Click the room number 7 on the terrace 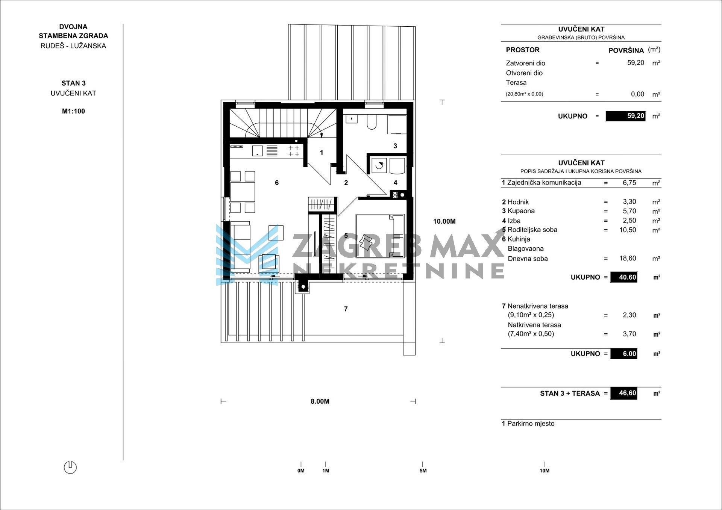[346, 309]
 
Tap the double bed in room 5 [380, 236]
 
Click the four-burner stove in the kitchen [294, 151]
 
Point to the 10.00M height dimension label [444, 221]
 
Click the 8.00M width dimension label [320, 401]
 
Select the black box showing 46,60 [623, 393]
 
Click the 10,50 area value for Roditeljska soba [628, 230]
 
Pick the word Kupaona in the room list [521, 211]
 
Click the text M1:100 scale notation [73, 111]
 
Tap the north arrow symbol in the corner [70, 467]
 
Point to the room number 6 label [277, 183]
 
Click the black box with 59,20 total [625, 116]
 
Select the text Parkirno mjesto [531, 424]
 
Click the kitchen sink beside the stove [257, 151]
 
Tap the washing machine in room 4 [379, 166]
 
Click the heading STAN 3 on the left [73, 83]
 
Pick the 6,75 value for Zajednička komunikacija [629, 183]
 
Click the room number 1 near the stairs [322, 153]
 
